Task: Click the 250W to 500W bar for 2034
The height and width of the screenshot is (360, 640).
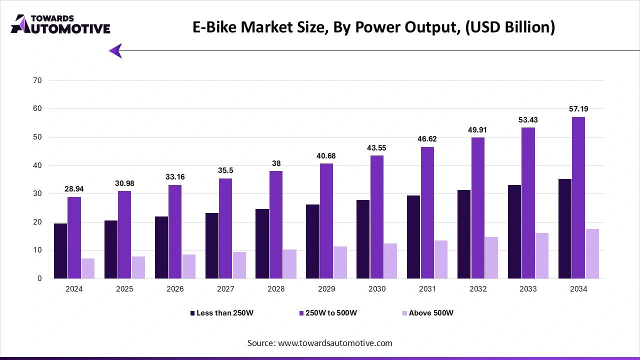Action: pos(579,198)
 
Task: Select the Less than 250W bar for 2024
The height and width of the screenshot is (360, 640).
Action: pos(60,251)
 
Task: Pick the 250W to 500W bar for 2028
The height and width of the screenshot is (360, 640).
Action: pos(276,225)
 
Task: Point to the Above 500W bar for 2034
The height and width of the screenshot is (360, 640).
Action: pos(592,254)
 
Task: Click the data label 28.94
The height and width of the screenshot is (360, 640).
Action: pos(74,189)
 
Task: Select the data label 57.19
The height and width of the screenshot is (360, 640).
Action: pos(579,109)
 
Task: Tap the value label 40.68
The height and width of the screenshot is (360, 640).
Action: pos(326,156)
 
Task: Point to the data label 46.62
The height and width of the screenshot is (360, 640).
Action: pos(427,139)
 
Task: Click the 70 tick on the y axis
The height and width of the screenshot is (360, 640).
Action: pos(38,80)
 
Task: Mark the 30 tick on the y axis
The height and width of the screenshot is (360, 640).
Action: pos(38,194)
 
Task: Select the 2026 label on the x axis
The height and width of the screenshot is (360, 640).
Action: pos(175,289)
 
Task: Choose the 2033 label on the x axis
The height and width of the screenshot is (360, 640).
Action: pos(528,289)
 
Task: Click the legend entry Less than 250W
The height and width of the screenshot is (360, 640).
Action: pos(224,313)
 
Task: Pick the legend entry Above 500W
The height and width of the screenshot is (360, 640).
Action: pos(431,313)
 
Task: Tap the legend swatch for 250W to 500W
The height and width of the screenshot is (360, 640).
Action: pos(302,313)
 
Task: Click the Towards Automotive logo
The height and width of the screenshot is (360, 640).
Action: pos(60,24)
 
